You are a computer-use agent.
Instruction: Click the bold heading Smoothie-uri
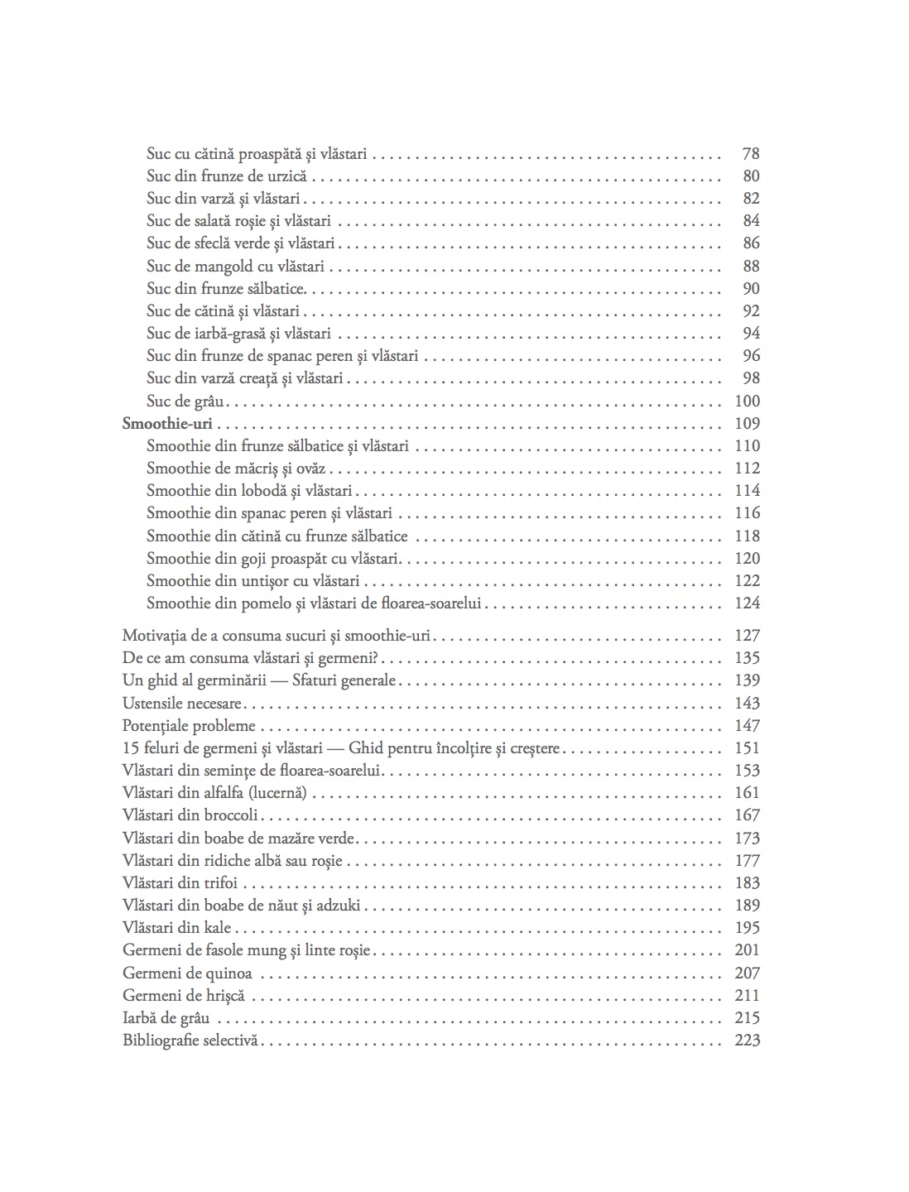pos(167,424)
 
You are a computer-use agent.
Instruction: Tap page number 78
pos(751,154)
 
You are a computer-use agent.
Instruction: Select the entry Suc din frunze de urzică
pos(227,176)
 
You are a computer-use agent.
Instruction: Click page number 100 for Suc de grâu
pos(747,401)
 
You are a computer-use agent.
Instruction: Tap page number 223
pos(747,1041)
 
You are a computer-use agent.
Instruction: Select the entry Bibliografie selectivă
pos(191,1041)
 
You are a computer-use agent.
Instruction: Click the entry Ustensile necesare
pos(182,704)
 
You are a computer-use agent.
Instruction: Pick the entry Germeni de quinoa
pos(187,973)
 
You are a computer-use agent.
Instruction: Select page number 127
pos(747,636)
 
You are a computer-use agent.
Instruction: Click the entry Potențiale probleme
pos(189,726)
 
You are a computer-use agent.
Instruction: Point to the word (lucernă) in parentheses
pos(279,793)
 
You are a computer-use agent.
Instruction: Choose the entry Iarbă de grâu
pos(166,1018)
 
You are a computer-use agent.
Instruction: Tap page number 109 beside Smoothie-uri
pos(747,424)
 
